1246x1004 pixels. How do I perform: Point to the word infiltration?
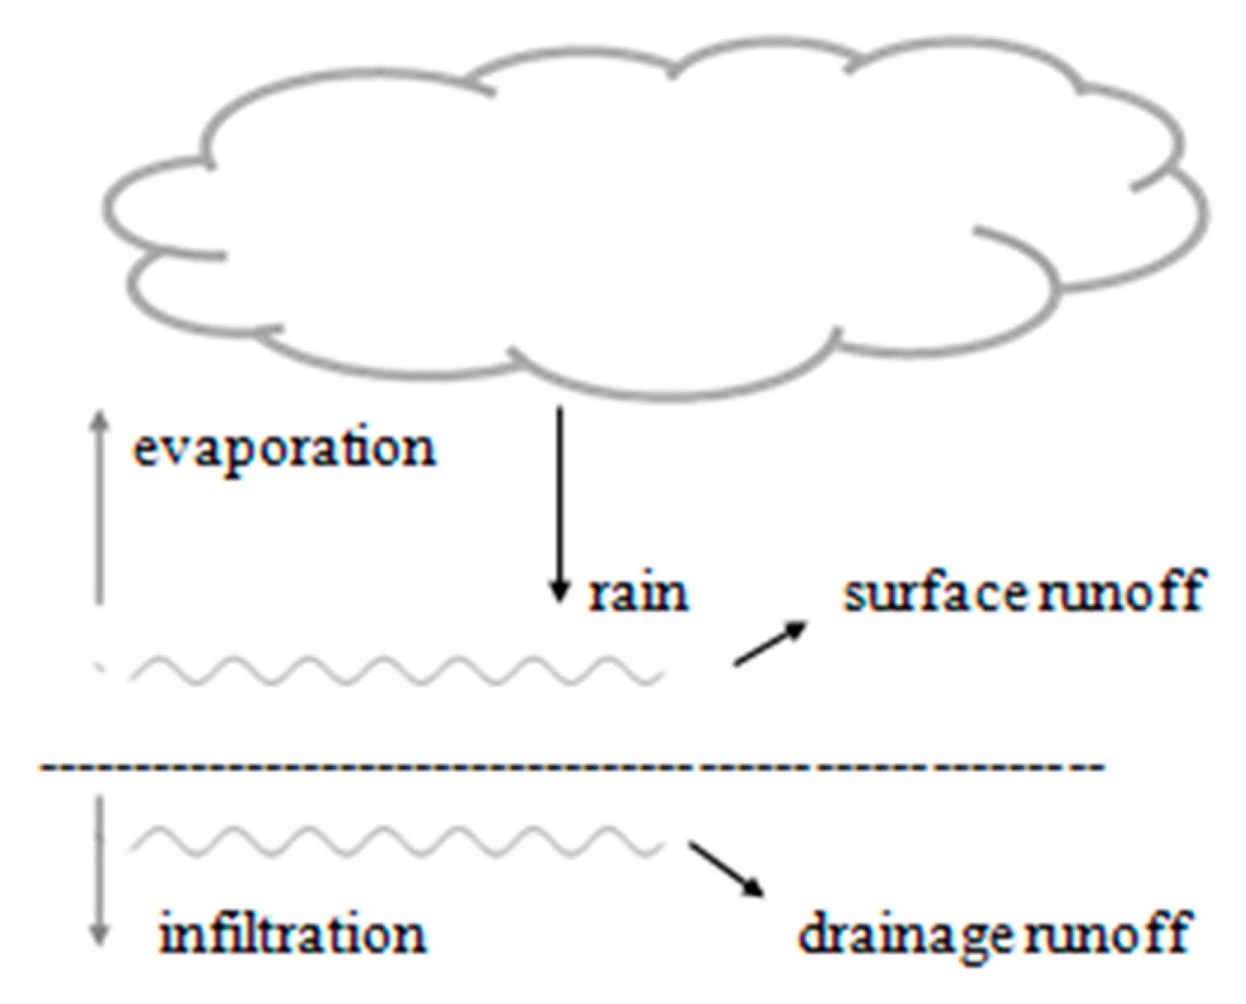(293, 934)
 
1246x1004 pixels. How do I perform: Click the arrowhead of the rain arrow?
(558, 594)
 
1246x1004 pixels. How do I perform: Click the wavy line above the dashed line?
(397, 670)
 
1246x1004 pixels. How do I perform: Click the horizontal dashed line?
(569, 768)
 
